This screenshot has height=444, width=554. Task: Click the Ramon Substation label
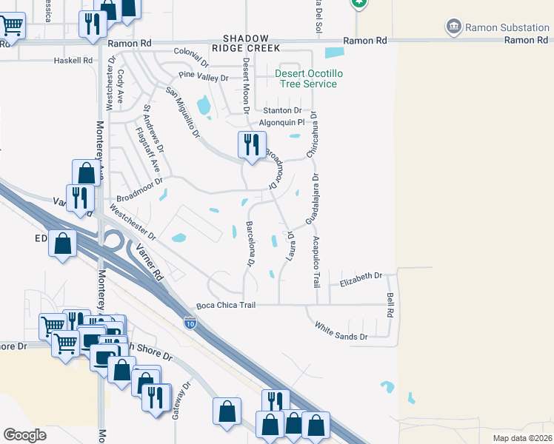507,27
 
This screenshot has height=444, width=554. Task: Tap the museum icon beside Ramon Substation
453,27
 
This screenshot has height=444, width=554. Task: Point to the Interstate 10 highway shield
190,323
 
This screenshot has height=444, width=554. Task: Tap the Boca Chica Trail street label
225,305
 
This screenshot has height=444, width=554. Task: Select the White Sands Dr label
341,331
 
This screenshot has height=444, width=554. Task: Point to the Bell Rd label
390,304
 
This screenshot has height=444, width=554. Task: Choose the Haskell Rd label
73,61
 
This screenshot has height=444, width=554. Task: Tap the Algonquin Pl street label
281,123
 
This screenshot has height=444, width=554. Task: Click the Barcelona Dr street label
250,243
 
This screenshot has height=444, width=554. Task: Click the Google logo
25,435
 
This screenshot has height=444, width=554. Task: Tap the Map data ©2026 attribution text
521,437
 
